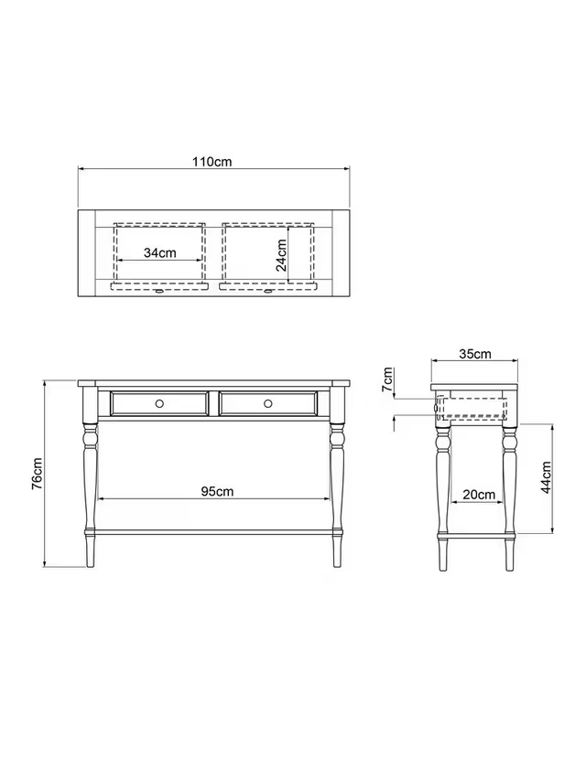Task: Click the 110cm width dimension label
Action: pyautogui.click(x=212, y=162)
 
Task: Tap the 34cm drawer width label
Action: pyautogui.click(x=160, y=252)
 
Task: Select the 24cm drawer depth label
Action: pyautogui.click(x=281, y=255)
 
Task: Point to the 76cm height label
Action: pyautogui.click(x=38, y=474)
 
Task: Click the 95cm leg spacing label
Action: pyautogui.click(x=217, y=491)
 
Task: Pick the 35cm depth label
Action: pyautogui.click(x=475, y=354)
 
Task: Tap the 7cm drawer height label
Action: pyautogui.click(x=387, y=379)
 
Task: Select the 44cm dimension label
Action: pyautogui.click(x=546, y=477)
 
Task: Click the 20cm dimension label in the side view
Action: pyautogui.click(x=479, y=495)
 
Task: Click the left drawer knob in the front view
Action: pyautogui.click(x=159, y=403)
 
